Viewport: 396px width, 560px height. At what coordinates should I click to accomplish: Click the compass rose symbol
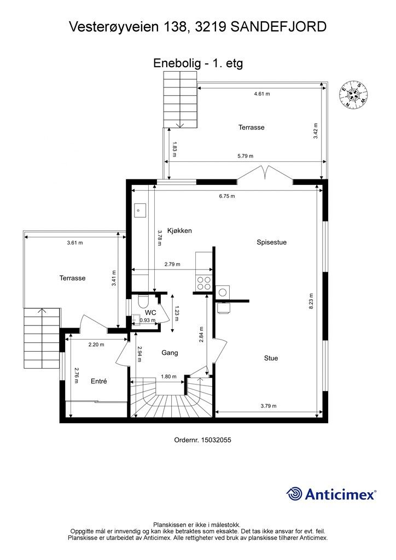click(353, 94)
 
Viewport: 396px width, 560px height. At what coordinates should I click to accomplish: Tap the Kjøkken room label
click(179, 231)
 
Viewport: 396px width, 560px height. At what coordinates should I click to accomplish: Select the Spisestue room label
click(271, 242)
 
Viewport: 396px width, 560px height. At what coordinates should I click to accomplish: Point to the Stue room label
click(271, 358)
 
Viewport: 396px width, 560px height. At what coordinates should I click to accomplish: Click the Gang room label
click(170, 353)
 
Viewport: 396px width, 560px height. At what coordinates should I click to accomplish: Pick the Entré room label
click(99, 381)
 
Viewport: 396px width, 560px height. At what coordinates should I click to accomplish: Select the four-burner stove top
click(204, 283)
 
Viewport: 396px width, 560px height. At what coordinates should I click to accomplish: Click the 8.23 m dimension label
click(311, 301)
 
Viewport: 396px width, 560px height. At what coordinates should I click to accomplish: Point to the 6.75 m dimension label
click(227, 196)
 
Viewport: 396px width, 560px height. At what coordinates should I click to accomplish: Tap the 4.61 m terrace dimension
click(262, 94)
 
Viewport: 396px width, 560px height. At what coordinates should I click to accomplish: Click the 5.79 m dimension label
click(246, 156)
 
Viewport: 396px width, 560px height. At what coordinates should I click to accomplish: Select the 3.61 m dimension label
click(74, 242)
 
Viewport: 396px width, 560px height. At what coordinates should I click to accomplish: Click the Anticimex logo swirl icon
click(294, 494)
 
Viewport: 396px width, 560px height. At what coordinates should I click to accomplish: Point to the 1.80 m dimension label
click(168, 376)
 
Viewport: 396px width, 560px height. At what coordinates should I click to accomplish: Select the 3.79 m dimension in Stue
click(268, 406)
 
